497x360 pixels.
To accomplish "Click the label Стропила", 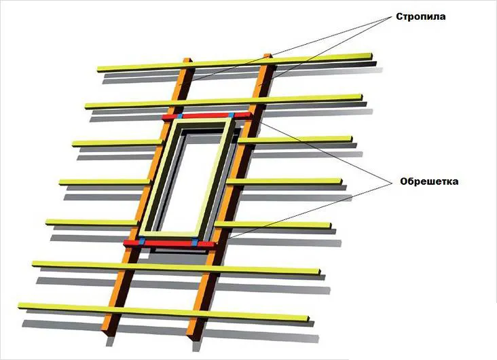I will point(421,16).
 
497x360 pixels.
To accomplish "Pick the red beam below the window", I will point(170,242).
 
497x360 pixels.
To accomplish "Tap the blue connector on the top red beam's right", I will point(231,115).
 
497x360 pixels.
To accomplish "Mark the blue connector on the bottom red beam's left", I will point(141,241).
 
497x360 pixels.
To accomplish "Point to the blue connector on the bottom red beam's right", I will point(195,242).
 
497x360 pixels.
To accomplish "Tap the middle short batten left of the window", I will point(105,181).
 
